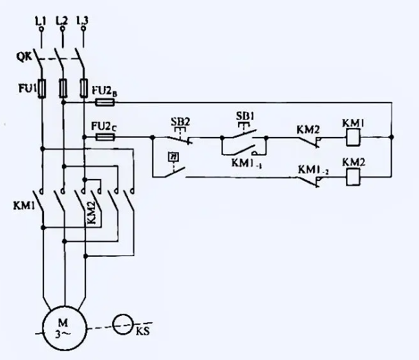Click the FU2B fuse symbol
[105, 102]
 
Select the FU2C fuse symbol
[105, 137]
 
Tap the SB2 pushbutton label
[180, 122]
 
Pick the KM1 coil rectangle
[352, 136]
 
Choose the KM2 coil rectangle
[352, 177]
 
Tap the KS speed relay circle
[124, 325]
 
